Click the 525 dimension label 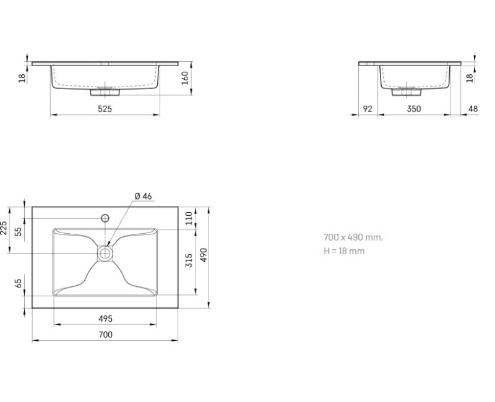[105, 109]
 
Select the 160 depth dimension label [185, 78]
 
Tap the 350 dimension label [414, 109]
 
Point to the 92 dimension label [368, 109]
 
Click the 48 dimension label [473, 109]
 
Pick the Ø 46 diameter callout [144, 196]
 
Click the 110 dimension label [189, 218]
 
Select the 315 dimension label [189, 260]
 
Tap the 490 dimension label [204, 255]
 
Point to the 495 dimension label [105, 319]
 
